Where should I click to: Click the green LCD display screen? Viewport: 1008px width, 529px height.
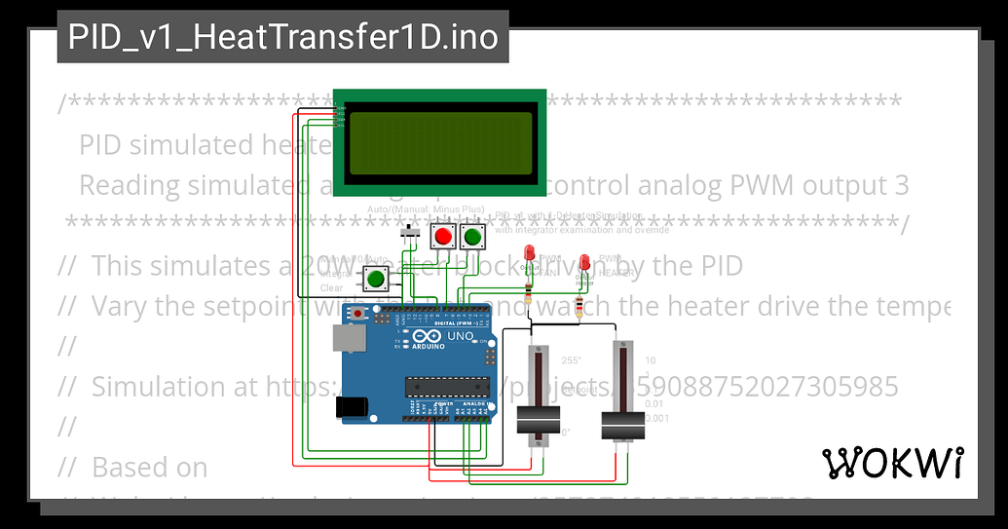point(440,144)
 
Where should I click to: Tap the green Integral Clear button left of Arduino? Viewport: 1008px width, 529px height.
point(376,280)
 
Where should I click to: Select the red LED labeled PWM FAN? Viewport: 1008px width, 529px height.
point(529,255)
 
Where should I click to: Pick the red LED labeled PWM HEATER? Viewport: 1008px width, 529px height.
point(584,263)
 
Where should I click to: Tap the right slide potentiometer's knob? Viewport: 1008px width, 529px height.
point(623,426)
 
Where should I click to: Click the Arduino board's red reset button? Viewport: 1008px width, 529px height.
point(359,315)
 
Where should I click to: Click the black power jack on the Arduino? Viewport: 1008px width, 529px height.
point(353,407)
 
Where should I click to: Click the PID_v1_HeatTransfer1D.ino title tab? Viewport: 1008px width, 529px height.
point(282,37)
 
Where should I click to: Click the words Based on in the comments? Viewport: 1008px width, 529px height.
point(149,468)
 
